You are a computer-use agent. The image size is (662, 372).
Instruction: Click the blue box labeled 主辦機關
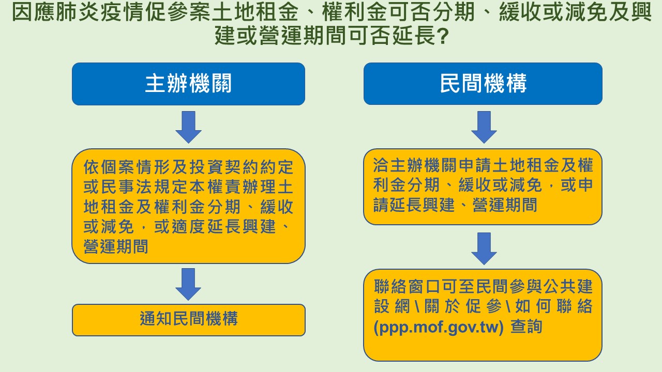pyautogui.click(x=189, y=84)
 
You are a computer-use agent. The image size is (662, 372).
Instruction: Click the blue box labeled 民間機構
pyautogui.click(x=483, y=84)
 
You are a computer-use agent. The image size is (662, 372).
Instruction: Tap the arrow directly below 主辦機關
pyautogui.click(x=189, y=127)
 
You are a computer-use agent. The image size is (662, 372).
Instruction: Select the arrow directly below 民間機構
pyautogui.click(x=484, y=127)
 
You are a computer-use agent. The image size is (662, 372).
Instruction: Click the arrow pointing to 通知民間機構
pyautogui.click(x=188, y=284)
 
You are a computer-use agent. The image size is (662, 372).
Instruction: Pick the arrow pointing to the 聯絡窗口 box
pyautogui.click(x=484, y=249)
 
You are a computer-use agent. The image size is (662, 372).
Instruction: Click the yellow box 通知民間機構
pyautogui.click(x=189, y=320)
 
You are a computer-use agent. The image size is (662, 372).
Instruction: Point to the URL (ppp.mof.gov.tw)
pyautogui.click(x=439, y=327)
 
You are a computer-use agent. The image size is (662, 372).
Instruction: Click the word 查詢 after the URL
pyautogui.click(x=526, y=327)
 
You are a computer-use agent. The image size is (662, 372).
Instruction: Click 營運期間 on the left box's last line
pyautogui.click(x=115, y=246)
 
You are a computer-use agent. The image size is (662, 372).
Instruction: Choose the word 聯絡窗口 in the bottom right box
pyautogui.click(x=407, y=286)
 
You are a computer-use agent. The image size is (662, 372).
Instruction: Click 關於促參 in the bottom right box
pyautogui.click(x=463, y=306)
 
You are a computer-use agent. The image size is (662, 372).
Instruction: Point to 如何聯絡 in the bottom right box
pyautogui.click(x=554, y=306)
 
